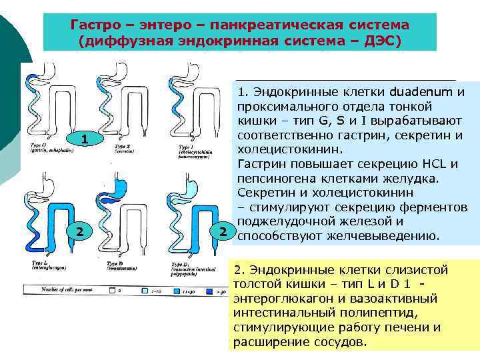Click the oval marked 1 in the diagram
(x=84, y=139)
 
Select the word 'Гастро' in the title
(x=94, y=25)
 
